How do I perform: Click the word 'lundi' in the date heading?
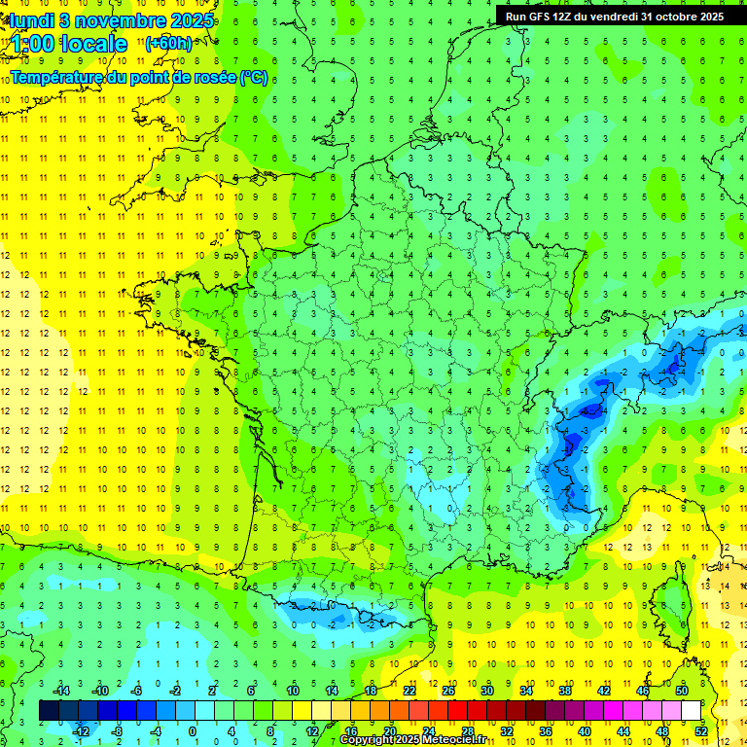27,20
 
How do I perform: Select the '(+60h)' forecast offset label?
168,43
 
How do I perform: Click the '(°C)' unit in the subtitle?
253,77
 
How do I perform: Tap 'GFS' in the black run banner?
545,16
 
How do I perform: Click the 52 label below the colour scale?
701,730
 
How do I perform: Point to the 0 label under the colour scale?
192,730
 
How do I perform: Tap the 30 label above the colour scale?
486,691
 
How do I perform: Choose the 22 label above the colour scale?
409,691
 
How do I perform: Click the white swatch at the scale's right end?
691,710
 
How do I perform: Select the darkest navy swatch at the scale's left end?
49,710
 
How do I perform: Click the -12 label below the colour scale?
81,730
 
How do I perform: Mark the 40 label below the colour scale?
585,730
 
